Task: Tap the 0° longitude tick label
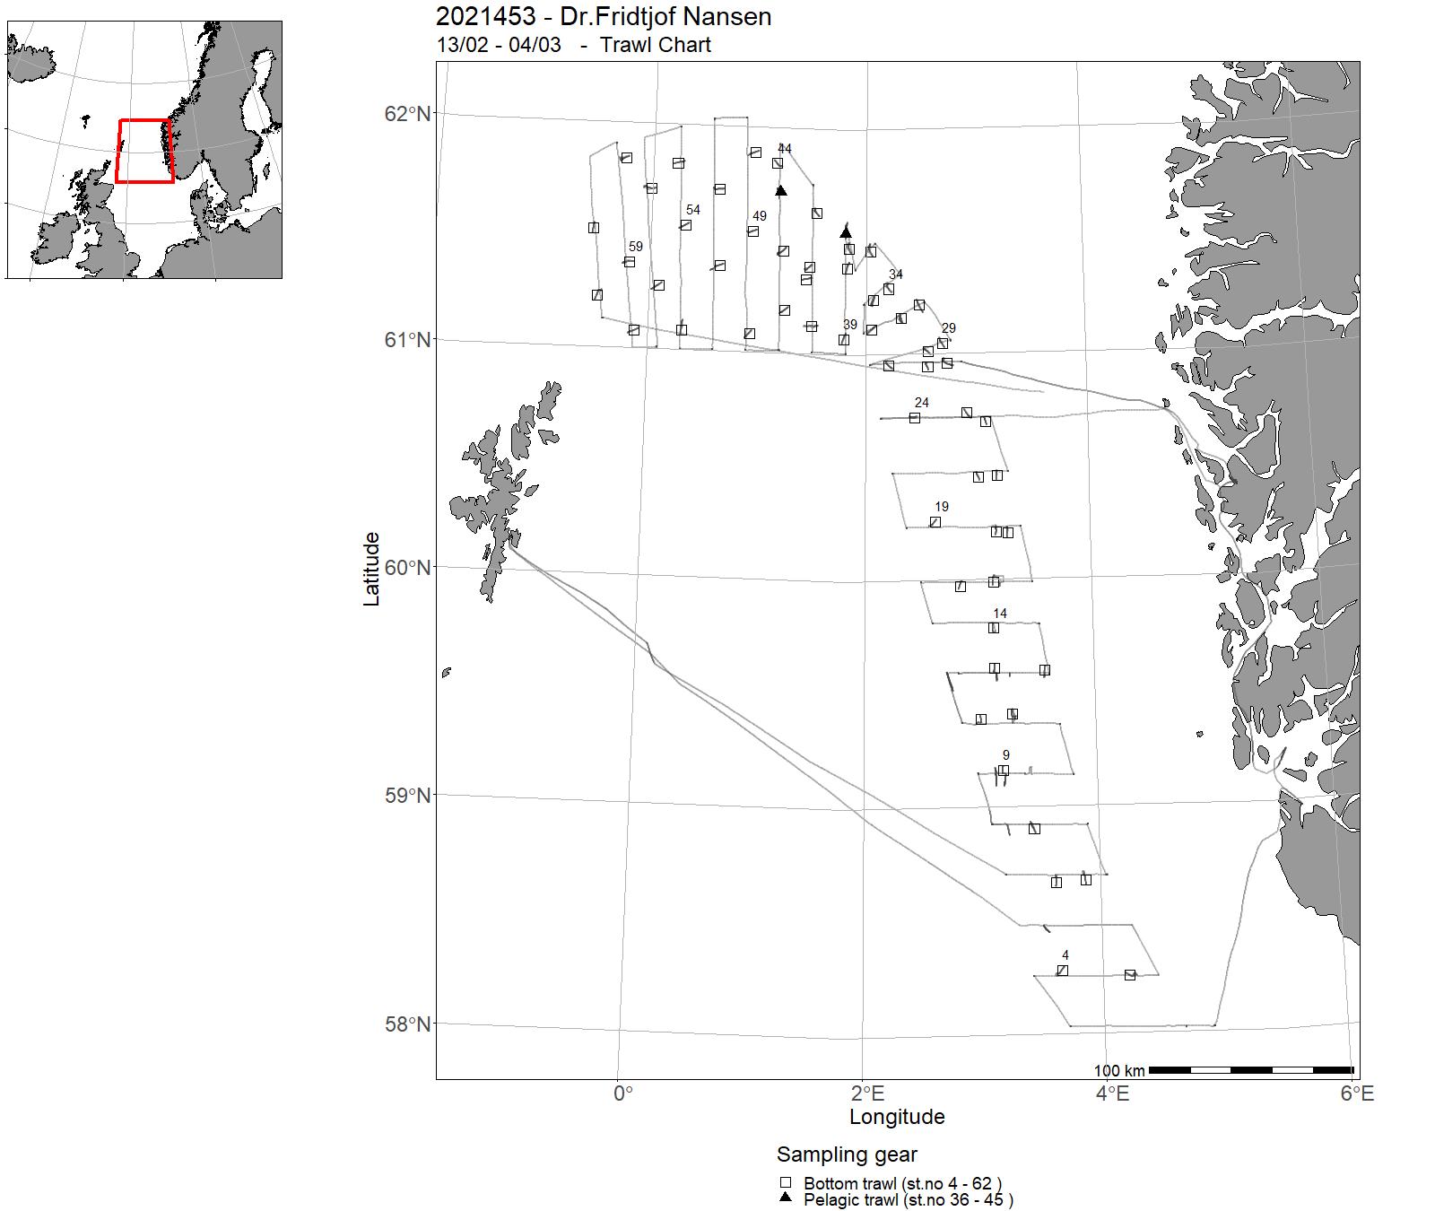click(622, 1093)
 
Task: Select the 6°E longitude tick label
click(1357, 1093)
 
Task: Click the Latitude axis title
click(371, 569)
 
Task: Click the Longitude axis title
click(897, 1117)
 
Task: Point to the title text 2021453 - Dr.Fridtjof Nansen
click(603, 16)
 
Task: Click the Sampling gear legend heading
click(847, 1154)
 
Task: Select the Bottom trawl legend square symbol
click(786, 1183)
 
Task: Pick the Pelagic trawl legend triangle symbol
click(786, 1198)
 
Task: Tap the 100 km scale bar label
click(1119, 1071)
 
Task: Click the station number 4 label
click(1065, 955)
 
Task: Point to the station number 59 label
click(636, 247)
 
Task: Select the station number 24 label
click(922, 403)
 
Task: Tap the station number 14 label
click(1000, 614)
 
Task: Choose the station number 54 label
click(693, 211)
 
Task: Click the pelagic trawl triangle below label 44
click(781, 190)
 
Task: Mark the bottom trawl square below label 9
click(1004, 771)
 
